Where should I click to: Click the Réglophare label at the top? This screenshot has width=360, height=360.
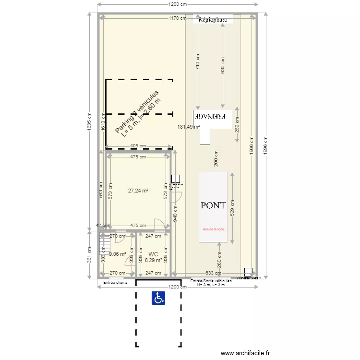tap(213, 20)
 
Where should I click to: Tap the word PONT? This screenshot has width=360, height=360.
tap(213, 205)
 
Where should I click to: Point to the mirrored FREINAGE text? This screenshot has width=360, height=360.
tap(213, 116)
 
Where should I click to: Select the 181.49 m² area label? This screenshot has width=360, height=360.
tap(189, 127)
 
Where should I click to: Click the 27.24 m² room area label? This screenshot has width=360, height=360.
tap(138, 191)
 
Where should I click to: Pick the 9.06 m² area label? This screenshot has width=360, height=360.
tap(117, 254)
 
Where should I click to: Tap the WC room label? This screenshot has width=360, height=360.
tap(153, 254)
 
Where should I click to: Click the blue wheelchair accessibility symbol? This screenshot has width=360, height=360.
tap(159, 298)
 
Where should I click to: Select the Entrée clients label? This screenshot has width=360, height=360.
tap(116, 283)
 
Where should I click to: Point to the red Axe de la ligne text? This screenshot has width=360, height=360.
tap(214, 229)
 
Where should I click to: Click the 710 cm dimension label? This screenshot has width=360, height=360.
tap(197, 62)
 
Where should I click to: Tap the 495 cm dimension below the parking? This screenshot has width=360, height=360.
tap(138, 146)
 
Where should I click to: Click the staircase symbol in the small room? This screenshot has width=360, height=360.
tap(102, 243)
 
